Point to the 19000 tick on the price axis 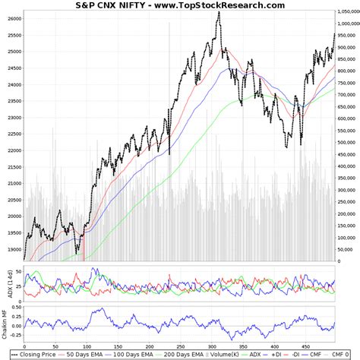pos(13,248)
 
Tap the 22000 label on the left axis pos(13,150)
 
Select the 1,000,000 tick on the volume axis pos(345,24)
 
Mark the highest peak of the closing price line pos(219,12)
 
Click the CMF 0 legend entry pos(346,354)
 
